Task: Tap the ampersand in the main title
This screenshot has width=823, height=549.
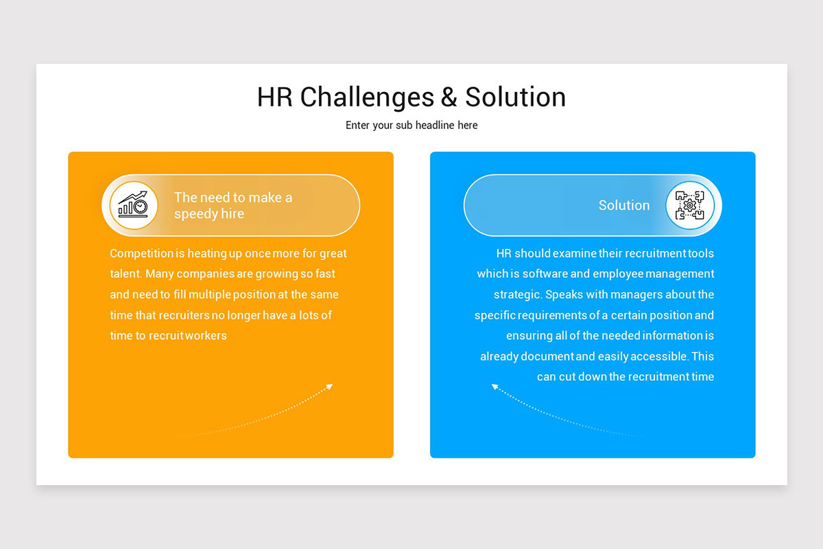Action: click(449, 97)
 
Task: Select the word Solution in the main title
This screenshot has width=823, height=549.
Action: click(516, 97)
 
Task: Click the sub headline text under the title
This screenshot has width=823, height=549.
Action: click(411, 126)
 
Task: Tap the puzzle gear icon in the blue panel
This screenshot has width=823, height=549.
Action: click(689, 205)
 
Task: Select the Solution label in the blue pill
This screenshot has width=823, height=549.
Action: click(624, 205)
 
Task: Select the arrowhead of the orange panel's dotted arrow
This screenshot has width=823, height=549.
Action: click(330, 386)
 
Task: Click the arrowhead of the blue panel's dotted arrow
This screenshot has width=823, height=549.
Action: click(494, 387)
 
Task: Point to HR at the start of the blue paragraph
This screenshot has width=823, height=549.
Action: click(504, 253)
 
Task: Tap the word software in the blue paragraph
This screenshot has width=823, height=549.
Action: click(545, 274)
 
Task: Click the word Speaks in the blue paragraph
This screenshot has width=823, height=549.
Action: click(566, 294)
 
